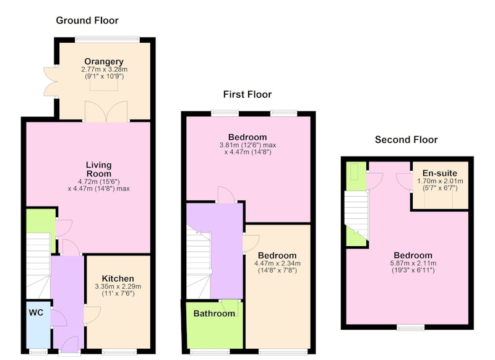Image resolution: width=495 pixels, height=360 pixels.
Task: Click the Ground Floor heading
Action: coord(87,20)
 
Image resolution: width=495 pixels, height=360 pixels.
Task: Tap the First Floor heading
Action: coord(247,95)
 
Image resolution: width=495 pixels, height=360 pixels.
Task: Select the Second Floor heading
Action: coord(407,139)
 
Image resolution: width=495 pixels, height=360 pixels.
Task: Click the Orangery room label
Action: coord(104,61)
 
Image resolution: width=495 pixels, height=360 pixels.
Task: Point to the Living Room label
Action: coord(99,169)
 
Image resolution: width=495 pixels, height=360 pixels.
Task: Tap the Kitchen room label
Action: coord(118,278)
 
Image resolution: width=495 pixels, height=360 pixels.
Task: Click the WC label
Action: coord(36,312)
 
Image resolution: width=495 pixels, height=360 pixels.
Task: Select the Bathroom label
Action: coord(214,314)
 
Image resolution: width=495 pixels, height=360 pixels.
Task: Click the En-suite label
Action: coord(440,173)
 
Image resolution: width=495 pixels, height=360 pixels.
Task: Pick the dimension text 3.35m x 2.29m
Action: coord(118,286)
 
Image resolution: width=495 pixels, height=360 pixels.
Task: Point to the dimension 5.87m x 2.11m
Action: coord(413,263)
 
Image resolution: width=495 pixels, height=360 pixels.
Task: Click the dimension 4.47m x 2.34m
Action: coord(277,263)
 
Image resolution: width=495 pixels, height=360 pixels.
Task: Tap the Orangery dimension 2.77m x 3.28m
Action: coord(104,69)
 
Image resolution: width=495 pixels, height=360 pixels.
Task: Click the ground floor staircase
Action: coord(38,265)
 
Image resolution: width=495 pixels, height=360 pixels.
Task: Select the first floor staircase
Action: coord(199,262)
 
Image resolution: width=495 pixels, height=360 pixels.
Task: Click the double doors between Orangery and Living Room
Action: coord(106,111)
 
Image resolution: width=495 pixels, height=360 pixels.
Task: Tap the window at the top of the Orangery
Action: coord(107,40)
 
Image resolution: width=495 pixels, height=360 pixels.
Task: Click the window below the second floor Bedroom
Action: coord(410,328)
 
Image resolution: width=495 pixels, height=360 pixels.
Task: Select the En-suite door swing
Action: coord(404,182)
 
